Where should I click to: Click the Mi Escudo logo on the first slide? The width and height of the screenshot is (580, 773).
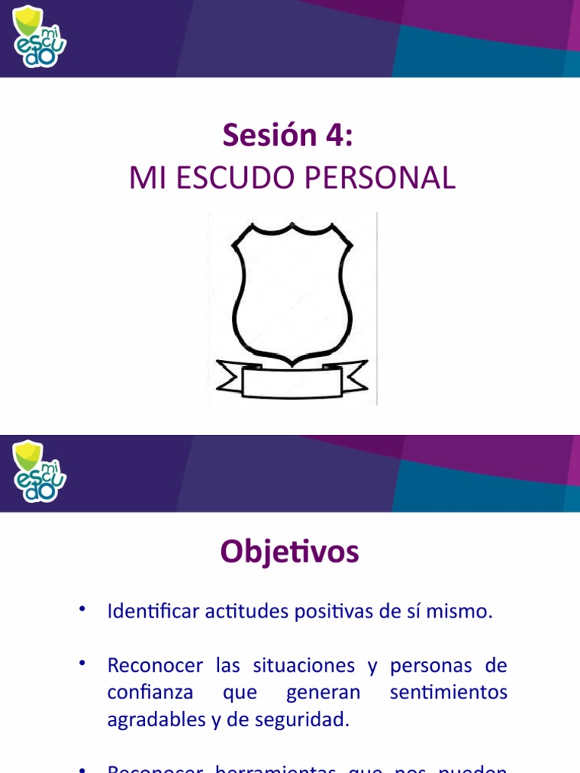[39, 35]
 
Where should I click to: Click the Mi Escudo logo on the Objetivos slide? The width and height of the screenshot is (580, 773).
[39, 471]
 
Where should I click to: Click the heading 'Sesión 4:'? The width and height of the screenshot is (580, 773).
[288, 136]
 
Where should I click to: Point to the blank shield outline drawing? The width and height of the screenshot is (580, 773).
[292, 291]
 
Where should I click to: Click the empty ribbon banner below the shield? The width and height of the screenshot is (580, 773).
[292, 379]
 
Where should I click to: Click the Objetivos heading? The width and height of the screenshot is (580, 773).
[290, 553]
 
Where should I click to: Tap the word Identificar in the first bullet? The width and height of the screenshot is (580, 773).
[153, 611]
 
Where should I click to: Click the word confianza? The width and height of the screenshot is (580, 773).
[150, 692]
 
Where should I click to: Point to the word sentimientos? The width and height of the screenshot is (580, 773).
[449, 692]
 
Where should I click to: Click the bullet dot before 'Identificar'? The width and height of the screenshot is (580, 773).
[82, 608]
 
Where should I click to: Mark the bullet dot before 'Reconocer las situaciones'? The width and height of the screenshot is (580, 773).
[82, 663]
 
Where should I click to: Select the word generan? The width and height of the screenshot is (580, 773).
[323, 692]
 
